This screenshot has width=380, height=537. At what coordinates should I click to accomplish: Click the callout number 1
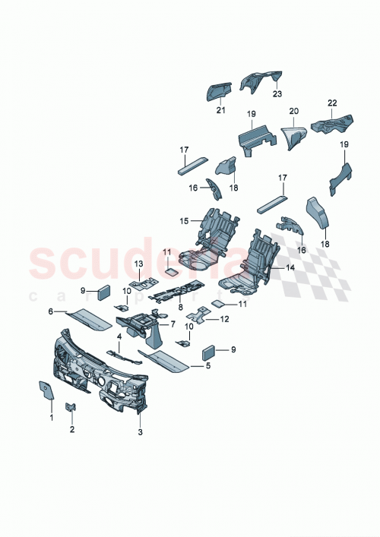tap(52, 418)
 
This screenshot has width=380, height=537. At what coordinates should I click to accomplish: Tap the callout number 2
tap(72, 430)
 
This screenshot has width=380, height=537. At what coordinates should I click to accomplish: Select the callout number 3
tap(140, 432)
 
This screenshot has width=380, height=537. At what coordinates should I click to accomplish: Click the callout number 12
tap(225, 320)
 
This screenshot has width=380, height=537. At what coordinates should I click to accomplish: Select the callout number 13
tap(139, 263)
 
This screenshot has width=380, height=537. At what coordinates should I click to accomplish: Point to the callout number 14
tap(290, 268)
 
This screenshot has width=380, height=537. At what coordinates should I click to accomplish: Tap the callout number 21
tap(220, 111)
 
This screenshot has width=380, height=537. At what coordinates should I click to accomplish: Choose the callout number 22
tap(332, 103)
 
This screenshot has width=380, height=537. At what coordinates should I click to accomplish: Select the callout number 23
tap(277, 94)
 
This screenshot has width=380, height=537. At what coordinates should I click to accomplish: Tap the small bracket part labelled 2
tap(70, 408)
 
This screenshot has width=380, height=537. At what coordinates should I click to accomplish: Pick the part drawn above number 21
tap(219, 90)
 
